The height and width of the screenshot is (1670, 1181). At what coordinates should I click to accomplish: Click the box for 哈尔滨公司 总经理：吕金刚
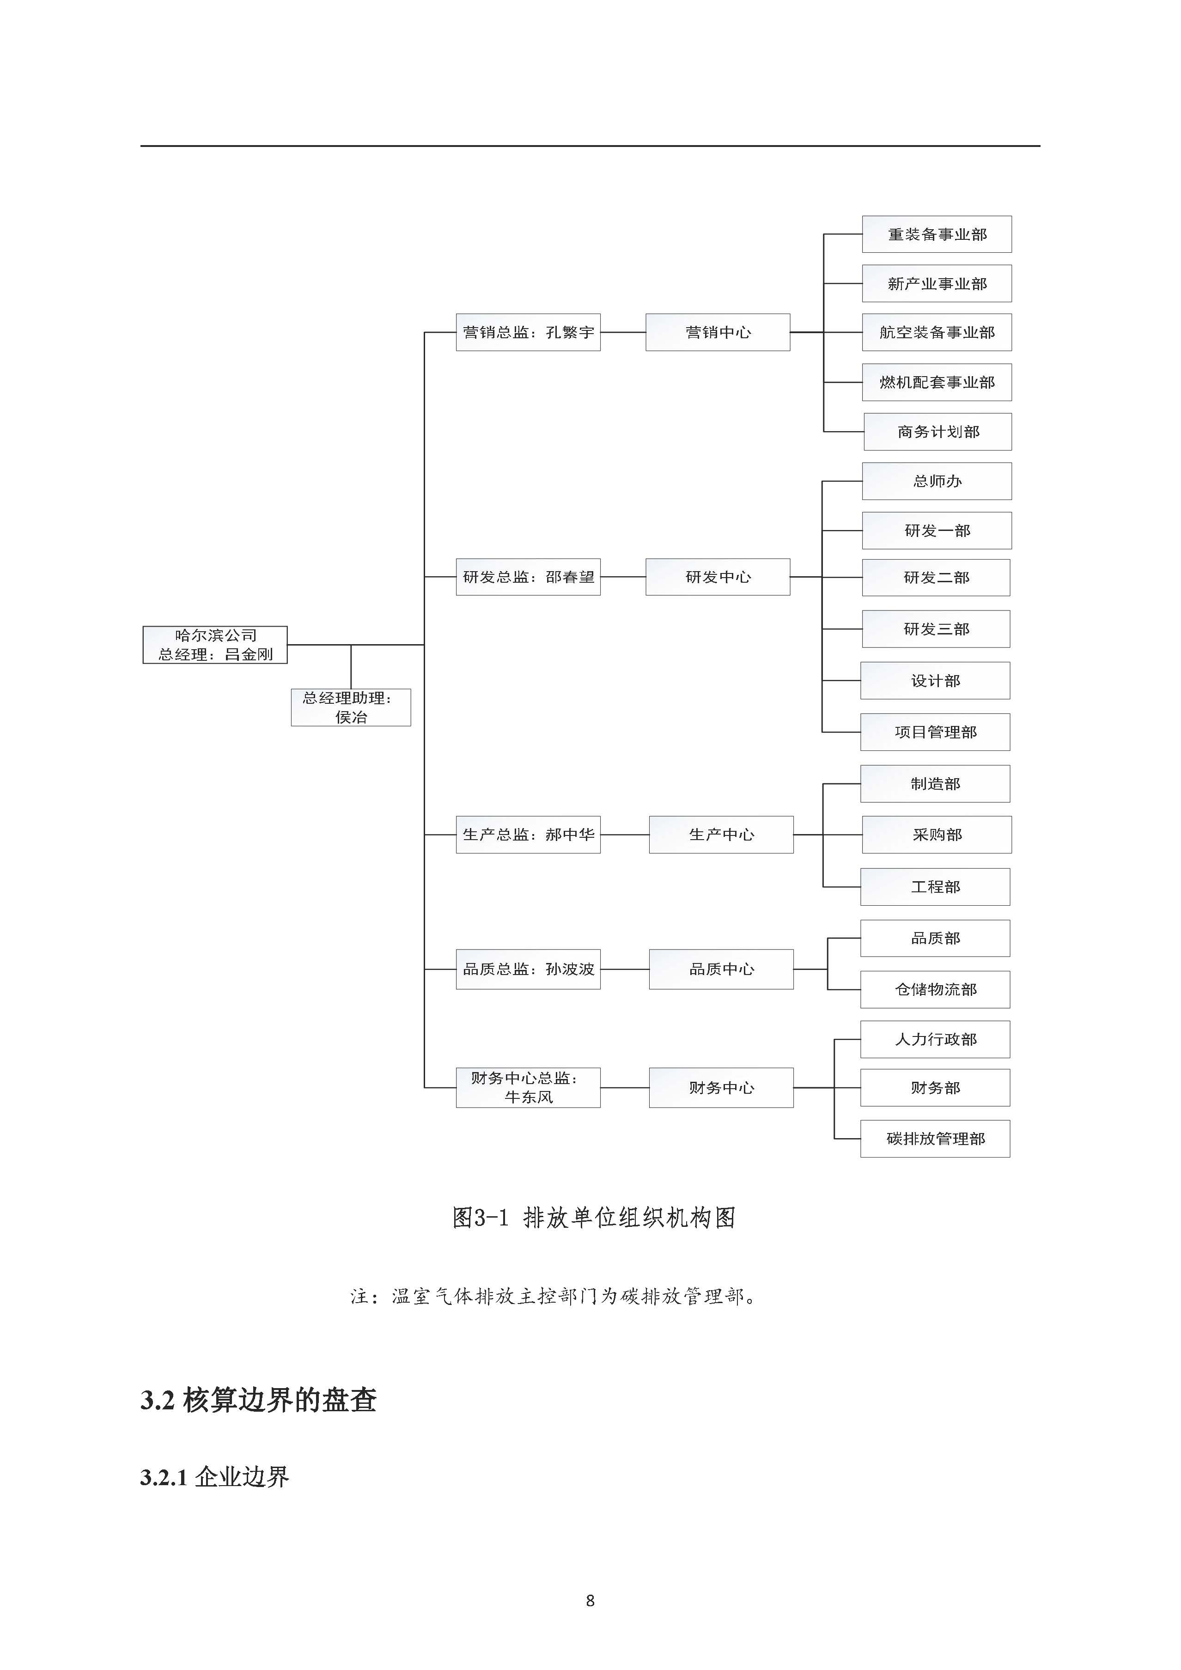tap(214, 645)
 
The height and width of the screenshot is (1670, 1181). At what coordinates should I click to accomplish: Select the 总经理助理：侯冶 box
tap(351, 707)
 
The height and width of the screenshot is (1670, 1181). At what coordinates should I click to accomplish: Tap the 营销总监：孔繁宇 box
tap(528, 332)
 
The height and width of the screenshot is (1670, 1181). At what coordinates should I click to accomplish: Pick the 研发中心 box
tap(718, 577)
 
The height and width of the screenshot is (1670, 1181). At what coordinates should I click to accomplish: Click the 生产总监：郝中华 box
tap(528, 834)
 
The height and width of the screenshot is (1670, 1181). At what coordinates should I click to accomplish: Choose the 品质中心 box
tap(721, 969)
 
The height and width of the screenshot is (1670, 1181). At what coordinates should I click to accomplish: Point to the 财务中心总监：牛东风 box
tap(528, 1087)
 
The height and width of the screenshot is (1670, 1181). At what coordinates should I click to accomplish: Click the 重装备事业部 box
tap(937, 234)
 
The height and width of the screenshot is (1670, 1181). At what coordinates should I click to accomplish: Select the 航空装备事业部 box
tap(937, 332)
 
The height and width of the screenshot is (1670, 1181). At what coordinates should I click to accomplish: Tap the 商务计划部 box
tap(937, 432)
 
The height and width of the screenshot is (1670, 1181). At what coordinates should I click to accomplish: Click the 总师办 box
tap(937, 481)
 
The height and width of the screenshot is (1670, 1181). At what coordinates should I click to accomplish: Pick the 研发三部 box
tap(936, 628)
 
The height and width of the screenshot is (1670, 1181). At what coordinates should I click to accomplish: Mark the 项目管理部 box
tap(935, 731)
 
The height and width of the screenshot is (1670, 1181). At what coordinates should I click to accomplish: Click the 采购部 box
tap(937, 834)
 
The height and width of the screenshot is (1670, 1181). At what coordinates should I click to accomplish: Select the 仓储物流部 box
tap(935, 989)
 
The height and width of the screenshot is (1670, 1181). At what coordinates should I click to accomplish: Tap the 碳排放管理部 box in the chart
tap(935, 1138)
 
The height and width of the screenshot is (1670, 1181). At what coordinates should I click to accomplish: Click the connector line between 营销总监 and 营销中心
tap(623, 332)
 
